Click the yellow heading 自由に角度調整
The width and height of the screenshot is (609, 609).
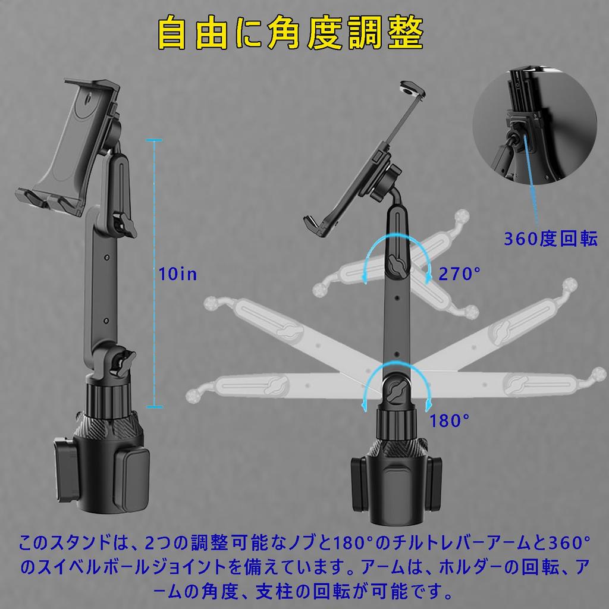pos(290,33)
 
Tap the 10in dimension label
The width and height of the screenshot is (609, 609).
pos(177,274)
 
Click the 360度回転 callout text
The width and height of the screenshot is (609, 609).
pos(550,239)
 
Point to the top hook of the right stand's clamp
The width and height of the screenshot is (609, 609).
pos(413,89)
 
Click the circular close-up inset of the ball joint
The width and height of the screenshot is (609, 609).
pos(535,126)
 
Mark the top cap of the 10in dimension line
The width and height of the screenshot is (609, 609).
pos(154,140)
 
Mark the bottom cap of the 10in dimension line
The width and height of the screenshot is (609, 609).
pos(154,407)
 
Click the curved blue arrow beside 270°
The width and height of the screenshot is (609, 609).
pos(396,238)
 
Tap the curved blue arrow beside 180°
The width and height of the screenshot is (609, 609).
pos(396,365)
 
